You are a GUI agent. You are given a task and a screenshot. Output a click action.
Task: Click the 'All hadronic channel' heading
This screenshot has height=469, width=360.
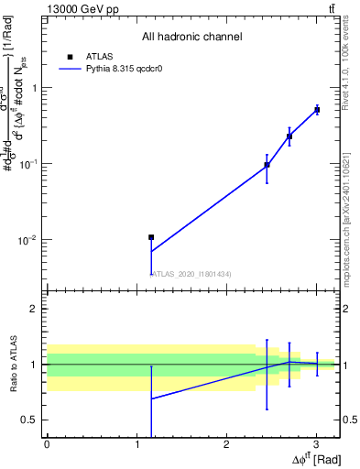coord(191,37)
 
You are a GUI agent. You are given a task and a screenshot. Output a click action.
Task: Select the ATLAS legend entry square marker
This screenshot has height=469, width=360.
coord(69,56)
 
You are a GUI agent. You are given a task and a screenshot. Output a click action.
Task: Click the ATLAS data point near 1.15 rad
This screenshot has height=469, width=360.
coord(151,237)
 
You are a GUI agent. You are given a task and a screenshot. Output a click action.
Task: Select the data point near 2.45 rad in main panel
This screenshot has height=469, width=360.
coord(267,165)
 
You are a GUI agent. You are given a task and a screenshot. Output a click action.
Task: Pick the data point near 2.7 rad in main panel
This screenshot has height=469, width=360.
coord(289,136)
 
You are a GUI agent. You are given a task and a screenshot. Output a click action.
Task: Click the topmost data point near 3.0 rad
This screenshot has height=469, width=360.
coord(317,110)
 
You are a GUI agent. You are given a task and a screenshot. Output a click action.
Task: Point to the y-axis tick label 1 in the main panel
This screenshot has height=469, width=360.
coord(33,88)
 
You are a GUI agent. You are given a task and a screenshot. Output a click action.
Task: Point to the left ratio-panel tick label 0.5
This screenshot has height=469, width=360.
coord(28,420)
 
